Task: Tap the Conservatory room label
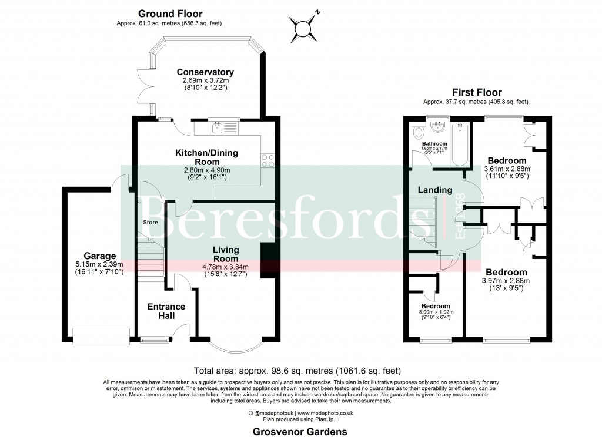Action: [x=205, y=72]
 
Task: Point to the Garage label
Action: [x=99, y=256]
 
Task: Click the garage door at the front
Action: [x=101, y=336]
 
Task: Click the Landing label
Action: [x=435, y=190]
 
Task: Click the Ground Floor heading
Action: [x=170, y=14]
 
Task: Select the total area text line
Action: [x=297, y=371]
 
